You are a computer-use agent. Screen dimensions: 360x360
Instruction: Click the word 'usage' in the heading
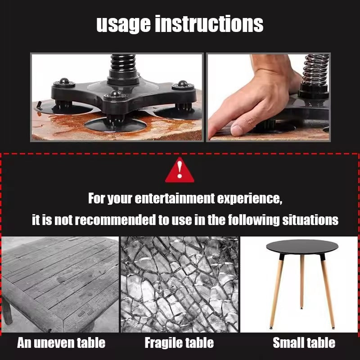click(123, 24)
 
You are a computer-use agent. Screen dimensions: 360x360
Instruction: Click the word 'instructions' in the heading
click(209, 24)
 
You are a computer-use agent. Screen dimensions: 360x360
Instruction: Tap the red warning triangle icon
click(180, 171)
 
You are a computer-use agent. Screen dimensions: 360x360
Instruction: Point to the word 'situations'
click(310, 220)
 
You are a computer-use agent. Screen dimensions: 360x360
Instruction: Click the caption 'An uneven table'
click(61, 343)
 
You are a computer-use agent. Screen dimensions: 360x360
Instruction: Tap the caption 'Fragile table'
click(179, 343)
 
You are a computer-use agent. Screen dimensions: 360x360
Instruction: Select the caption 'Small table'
click(304, 343)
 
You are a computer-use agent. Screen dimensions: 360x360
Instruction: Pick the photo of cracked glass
click(180, 284)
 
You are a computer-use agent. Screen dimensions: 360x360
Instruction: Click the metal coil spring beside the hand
click(315, 72)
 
